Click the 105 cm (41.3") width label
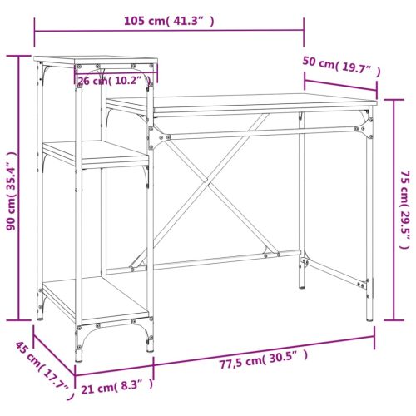169,22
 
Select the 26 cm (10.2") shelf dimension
114,81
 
